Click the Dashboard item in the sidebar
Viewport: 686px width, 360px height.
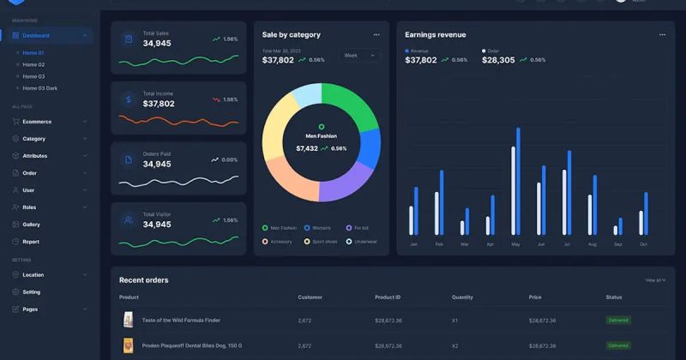click(35, 36)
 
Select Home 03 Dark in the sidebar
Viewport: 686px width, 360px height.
click(39, 88)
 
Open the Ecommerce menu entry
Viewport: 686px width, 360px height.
click(37, 122)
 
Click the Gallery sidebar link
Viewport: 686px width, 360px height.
click(31, 225)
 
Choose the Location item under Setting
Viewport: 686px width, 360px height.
click(33, 275)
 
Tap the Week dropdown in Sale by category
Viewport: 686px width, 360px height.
click(358, 56)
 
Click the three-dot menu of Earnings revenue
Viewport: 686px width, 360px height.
click(662, 35)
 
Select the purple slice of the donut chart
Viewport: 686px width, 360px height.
click(347, 183)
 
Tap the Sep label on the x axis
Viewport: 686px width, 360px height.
click(617, 244)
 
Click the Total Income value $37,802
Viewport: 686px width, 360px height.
click(159, 104)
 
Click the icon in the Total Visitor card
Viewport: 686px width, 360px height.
click(128, 220)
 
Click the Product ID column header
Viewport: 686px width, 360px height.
click(387, 297)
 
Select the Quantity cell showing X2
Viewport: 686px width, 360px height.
click(456, 345)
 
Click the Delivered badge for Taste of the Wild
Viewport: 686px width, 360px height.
click(618, 320)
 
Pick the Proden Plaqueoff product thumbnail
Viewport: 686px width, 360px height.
click(129, 345)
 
